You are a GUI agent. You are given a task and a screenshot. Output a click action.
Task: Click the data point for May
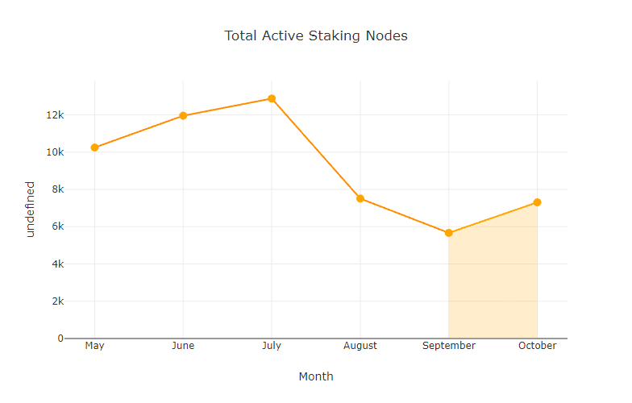pos(94,147)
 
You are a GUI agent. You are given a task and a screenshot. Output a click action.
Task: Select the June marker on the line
pos(183,116)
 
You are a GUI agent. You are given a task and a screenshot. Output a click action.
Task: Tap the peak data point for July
pos(272,99)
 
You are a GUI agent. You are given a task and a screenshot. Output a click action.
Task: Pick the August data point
pos(360,198)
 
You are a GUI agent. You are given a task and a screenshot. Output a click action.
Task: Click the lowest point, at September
pos(449,233)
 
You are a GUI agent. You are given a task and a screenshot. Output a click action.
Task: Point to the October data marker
pos(537,202)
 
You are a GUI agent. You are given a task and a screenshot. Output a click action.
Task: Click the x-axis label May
pos(94,346)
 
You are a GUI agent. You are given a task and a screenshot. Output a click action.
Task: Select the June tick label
pos(183,346)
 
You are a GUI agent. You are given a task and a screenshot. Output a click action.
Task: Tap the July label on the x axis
pos(272,346)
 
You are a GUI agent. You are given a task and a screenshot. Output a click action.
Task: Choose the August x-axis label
pos(360,346)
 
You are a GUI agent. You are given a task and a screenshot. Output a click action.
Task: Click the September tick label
pos(449,346)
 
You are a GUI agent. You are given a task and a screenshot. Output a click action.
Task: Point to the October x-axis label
pos(537,346)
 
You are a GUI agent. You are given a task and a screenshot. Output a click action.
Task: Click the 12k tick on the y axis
pos(55,114)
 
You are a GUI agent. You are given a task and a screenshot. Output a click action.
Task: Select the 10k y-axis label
pos(55,152)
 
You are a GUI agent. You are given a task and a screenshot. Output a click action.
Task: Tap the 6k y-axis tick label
pos(57,226)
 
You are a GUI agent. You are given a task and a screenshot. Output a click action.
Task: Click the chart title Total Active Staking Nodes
pos(316,35)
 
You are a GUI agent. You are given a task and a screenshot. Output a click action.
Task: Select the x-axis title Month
pos(316,376)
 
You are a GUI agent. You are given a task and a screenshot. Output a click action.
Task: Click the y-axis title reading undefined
pos(31,209)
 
